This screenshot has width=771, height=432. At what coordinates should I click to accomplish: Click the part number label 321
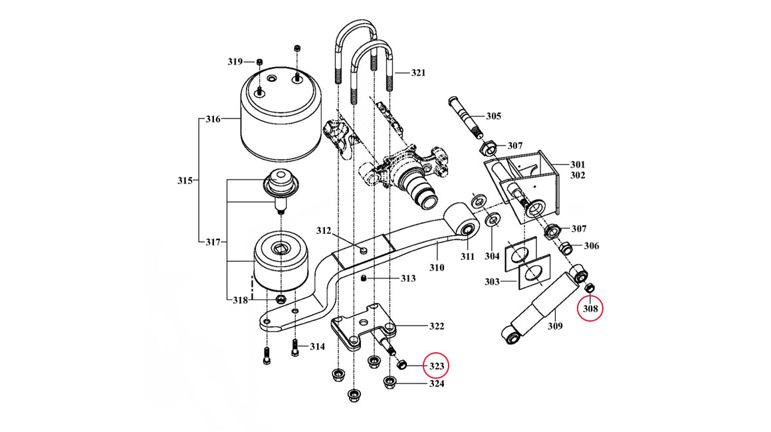point(418,72)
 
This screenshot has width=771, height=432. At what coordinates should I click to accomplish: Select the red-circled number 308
point(590,308)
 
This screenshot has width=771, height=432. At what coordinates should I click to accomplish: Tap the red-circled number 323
point(437,366)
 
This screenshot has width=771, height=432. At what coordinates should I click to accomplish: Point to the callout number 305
point(493,116)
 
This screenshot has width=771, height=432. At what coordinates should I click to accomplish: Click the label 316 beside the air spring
point(213,119)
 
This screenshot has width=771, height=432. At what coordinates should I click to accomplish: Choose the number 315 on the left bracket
point(185,181)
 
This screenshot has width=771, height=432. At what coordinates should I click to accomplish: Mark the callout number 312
point(324,231)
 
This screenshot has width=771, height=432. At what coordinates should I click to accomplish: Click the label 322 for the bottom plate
point(437,326)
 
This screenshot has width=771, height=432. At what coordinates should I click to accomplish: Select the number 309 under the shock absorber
point(555,326)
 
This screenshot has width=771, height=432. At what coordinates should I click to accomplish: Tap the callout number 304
point(492,256)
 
